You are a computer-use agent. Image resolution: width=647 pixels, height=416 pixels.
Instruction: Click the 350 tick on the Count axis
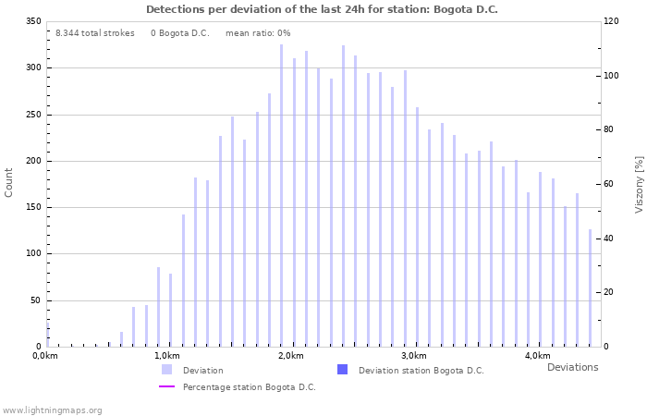pos(33,21)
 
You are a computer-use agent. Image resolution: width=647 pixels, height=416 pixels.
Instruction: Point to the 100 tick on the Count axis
pos(33,253)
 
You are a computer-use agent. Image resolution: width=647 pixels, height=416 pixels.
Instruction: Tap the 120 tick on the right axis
pos(611,21)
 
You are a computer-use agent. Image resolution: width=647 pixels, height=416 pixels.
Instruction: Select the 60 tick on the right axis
pos(611,184)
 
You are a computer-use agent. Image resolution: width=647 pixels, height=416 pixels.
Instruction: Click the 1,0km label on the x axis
pos(166,356)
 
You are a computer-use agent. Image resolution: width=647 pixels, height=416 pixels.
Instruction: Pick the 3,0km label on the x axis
pos(414,356)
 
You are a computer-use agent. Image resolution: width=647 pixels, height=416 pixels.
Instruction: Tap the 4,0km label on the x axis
pos(537,356)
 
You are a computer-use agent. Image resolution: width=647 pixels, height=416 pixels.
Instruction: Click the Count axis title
pos(9,182)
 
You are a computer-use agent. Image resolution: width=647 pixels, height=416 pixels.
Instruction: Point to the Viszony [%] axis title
pos(639,185)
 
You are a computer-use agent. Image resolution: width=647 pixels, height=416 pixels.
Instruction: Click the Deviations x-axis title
pos(572,367)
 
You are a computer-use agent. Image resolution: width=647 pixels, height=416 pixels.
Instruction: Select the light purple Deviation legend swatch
pos(166,370)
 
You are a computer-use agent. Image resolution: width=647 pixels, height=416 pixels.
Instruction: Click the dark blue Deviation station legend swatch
pos(342,370)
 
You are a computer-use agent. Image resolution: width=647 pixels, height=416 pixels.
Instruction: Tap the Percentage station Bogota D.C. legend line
pos(166,386)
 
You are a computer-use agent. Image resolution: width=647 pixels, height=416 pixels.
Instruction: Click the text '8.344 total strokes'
pos(94,33)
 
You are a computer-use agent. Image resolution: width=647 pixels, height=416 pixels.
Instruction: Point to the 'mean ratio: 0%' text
pos(258,33)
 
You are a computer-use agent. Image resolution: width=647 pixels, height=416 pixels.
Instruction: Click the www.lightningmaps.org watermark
pos(52,410)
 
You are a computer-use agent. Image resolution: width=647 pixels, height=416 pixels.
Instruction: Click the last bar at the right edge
pos(590,288)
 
